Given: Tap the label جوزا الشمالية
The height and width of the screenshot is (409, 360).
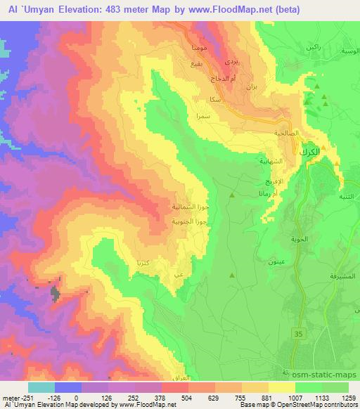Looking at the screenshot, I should tap(189, 207).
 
